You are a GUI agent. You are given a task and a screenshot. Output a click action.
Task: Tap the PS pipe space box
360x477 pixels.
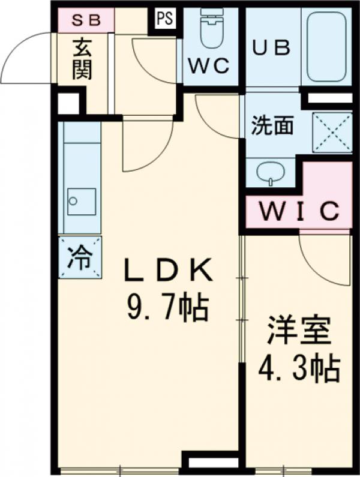(165, 19)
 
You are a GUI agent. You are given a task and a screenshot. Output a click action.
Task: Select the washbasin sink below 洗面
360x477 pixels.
(271, 172)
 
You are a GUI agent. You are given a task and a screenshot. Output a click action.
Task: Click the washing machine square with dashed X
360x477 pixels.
(332, 132)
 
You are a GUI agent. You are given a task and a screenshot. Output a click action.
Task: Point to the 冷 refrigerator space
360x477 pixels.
(80, 258)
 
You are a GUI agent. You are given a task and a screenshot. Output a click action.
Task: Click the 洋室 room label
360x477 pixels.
(299, 334)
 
